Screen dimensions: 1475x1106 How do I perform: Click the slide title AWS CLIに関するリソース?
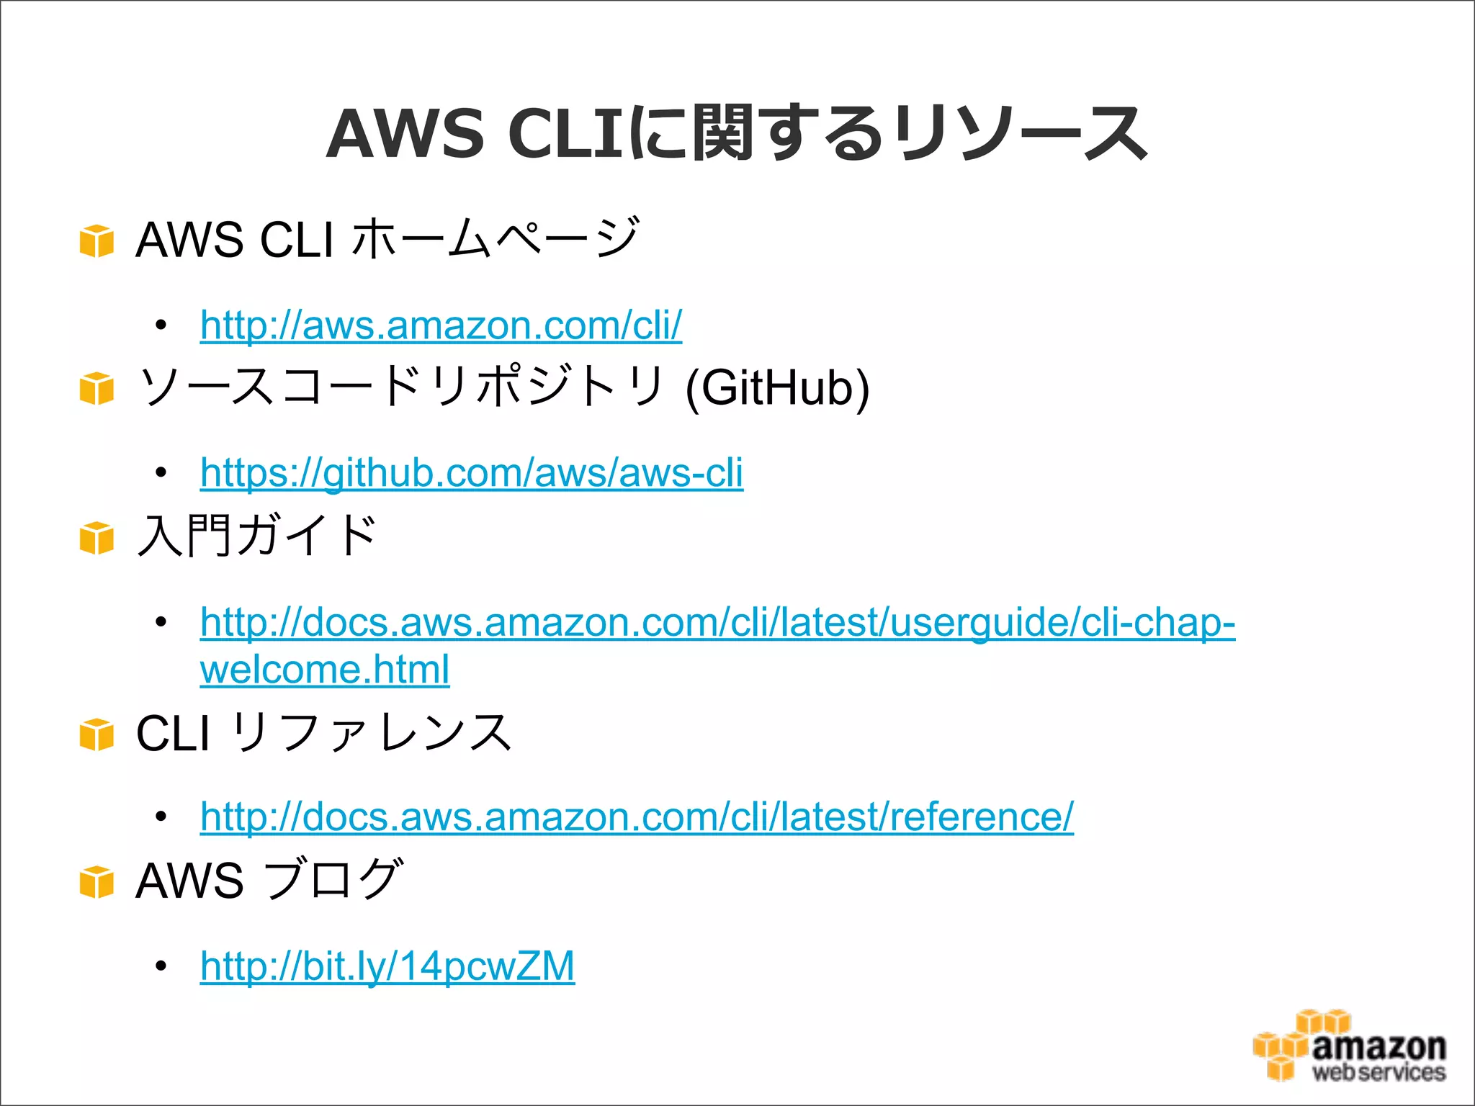pyautogui.click(x=736, y=133)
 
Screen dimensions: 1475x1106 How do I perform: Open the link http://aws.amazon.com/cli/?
pyautogui.click(x=441, y=325)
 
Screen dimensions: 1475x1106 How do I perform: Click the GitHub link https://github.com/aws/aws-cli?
pyautogui.click(x=471, y=473)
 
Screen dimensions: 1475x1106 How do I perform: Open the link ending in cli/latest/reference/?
pyautogui.click(x=637, y=817)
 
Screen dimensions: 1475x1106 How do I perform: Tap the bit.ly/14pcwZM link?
pyautogui.click(x=387, y=966)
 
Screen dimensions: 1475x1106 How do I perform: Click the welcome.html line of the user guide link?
pyautogui.click(x=325, y=670)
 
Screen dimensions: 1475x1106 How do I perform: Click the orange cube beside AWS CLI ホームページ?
pyautogui.click(x=97, y=240)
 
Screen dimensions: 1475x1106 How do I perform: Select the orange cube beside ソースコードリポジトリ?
pyautogui.click(x=97, y=389)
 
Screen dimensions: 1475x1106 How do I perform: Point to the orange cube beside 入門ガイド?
pyautogui.click(x=97, y=538)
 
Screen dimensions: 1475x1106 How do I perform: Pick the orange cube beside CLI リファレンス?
pyautogui.click(x=97, y=734)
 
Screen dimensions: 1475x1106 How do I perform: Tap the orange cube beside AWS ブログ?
pyautogui.click(x=97, y=883)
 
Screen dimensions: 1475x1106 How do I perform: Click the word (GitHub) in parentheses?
pyautogui.click(x=777, y=389)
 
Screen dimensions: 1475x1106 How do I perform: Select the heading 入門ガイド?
pyautogui.click(x=256, y=536)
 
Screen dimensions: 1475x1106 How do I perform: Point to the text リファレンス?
pyautogui.click(x=372, y=733)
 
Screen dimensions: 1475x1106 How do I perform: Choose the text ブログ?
pyautogui.click(x=332, y=880)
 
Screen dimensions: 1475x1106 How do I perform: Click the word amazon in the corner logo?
pyautogui.click(x=1378, y=1046)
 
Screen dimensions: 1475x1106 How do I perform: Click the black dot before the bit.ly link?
pyautogui.click(x=161, y=966)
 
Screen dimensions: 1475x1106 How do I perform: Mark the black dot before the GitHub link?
pyautogui.click(x=161, y=473)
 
